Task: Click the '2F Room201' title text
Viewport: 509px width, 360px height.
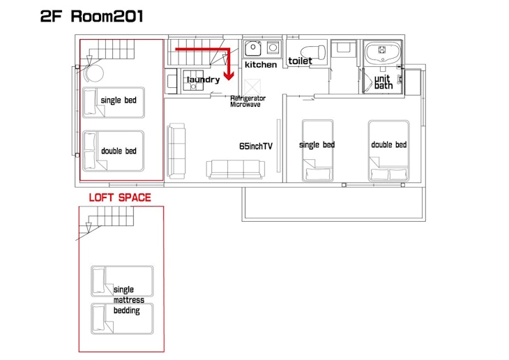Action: (91, 17)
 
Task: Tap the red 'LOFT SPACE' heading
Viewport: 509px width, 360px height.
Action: (120, 197)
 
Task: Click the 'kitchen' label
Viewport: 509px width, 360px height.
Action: (261, 65)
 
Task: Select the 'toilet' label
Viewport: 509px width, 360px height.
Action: (300, 61)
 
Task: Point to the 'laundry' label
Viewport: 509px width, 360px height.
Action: (203, 80)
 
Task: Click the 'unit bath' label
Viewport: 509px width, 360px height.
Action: (383, 82)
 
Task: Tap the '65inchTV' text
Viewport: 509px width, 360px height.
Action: (256, 147)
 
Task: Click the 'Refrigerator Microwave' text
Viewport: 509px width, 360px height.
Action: (248, 101)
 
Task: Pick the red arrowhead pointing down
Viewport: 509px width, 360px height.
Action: (229, 76)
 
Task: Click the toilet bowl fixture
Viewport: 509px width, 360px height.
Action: (313, 52)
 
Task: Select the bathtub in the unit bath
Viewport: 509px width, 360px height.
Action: (382, 52)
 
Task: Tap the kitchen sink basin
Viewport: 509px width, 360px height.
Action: (252, 48)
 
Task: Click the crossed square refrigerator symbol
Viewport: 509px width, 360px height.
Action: (252, 87)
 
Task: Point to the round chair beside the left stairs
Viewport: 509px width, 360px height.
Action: (94, 73)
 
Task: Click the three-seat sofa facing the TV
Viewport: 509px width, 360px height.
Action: (236, 170)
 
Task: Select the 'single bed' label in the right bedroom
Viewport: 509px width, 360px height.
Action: (317, 145)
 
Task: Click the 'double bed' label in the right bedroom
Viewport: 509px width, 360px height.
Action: (389, 144)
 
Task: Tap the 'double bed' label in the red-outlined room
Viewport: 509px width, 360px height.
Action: (119, 151)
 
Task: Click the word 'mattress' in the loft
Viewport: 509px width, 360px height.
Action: (129, 300)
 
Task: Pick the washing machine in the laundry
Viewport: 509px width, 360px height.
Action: (193, 80)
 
